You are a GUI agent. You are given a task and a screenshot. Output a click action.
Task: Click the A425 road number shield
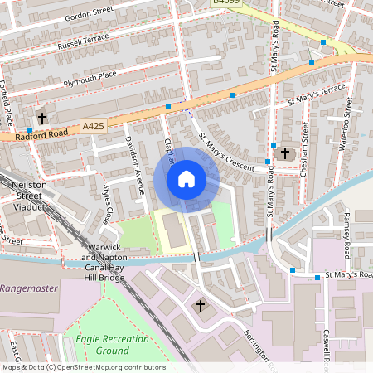pos(94,125)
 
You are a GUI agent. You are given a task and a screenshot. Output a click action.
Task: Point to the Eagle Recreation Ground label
pos(100,345)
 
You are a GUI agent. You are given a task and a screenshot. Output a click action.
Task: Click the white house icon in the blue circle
pos(186,179)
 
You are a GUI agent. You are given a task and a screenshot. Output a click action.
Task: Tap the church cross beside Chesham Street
pos(285,153)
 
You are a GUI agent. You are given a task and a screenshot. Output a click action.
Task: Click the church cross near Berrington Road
pos(200,306)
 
